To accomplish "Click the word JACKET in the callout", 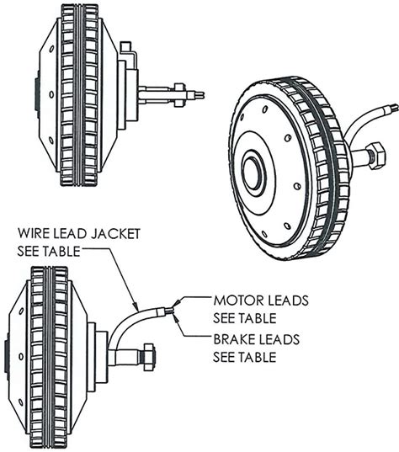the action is (115, 233).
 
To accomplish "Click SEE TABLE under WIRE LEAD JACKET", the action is (49, 251).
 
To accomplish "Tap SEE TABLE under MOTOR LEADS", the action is (245, 318).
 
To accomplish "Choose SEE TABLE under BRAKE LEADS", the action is (245, 357).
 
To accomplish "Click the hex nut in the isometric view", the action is (375, 155).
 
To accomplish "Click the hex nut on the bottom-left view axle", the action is (148, 357).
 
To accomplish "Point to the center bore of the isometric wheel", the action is (253, 172).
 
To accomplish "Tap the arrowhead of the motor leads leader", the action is (176, 303).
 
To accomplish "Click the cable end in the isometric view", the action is (393, 109).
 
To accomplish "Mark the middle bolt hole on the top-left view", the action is (51, 94).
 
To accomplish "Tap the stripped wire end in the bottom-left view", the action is (169, 311).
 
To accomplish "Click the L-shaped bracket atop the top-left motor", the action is (129, 53).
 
